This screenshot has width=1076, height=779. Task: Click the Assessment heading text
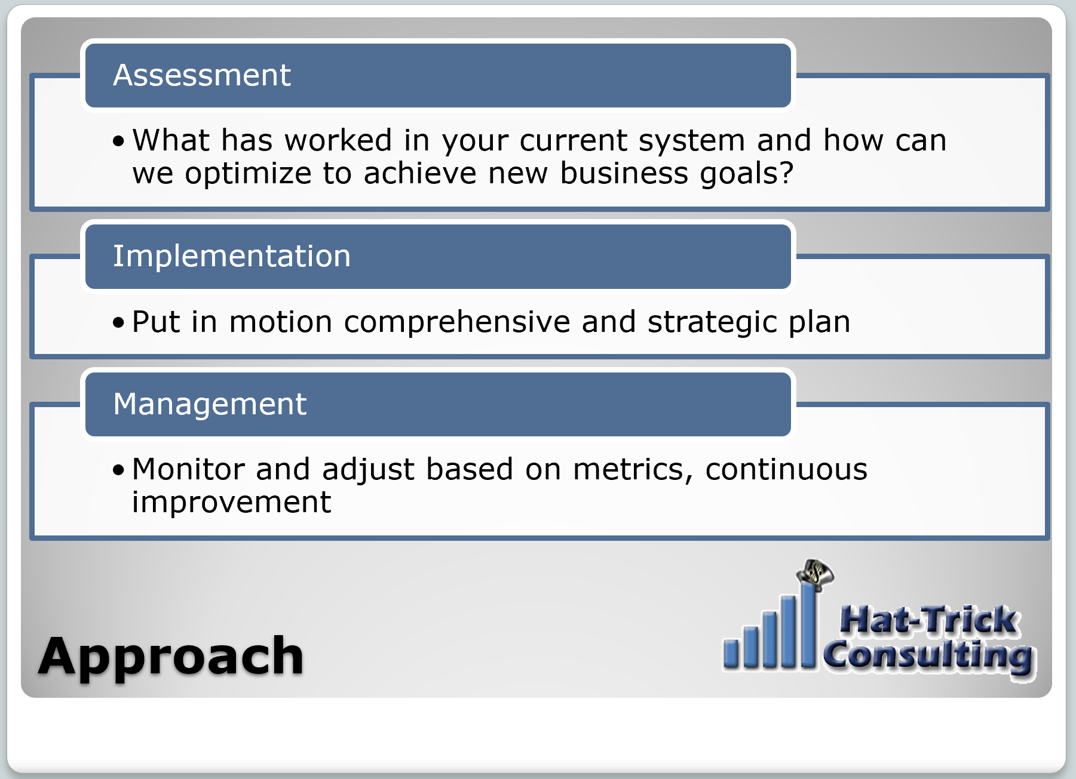pos(201,75)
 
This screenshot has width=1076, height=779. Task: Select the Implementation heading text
pos(231,256)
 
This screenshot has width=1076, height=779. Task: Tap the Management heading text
pos(210,404)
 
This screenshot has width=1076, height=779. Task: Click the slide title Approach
pos(171,656)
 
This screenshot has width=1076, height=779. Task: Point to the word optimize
pos(247,174)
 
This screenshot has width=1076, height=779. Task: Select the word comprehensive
pos(456,322)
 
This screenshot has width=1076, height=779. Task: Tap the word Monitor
pos(188,469)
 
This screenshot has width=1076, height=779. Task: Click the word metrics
pos(632,469)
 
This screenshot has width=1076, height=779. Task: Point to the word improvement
pos(231,502)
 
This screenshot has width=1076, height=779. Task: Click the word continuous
pos(786,469)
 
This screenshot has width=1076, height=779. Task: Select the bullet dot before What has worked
pos(119,141)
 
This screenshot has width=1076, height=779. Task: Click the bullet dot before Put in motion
pos(119,323)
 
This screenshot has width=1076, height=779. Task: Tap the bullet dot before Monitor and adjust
pos(119,470)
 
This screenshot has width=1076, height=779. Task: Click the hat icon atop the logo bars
pos(815,574)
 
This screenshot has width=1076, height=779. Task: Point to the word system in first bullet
pos(691,141)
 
